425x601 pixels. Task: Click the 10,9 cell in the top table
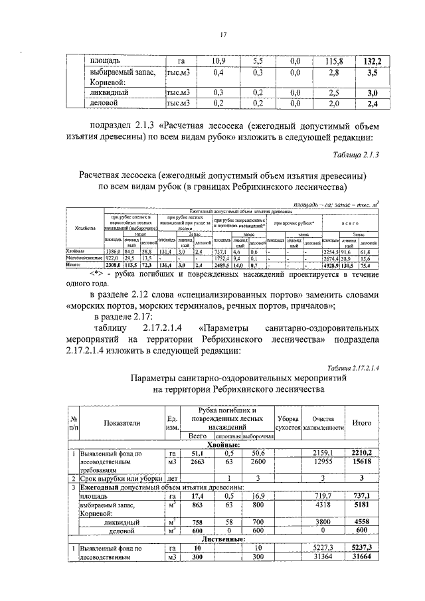click(218, 60)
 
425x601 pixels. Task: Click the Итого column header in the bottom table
click(361, 422)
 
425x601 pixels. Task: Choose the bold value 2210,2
click(361, 452)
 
